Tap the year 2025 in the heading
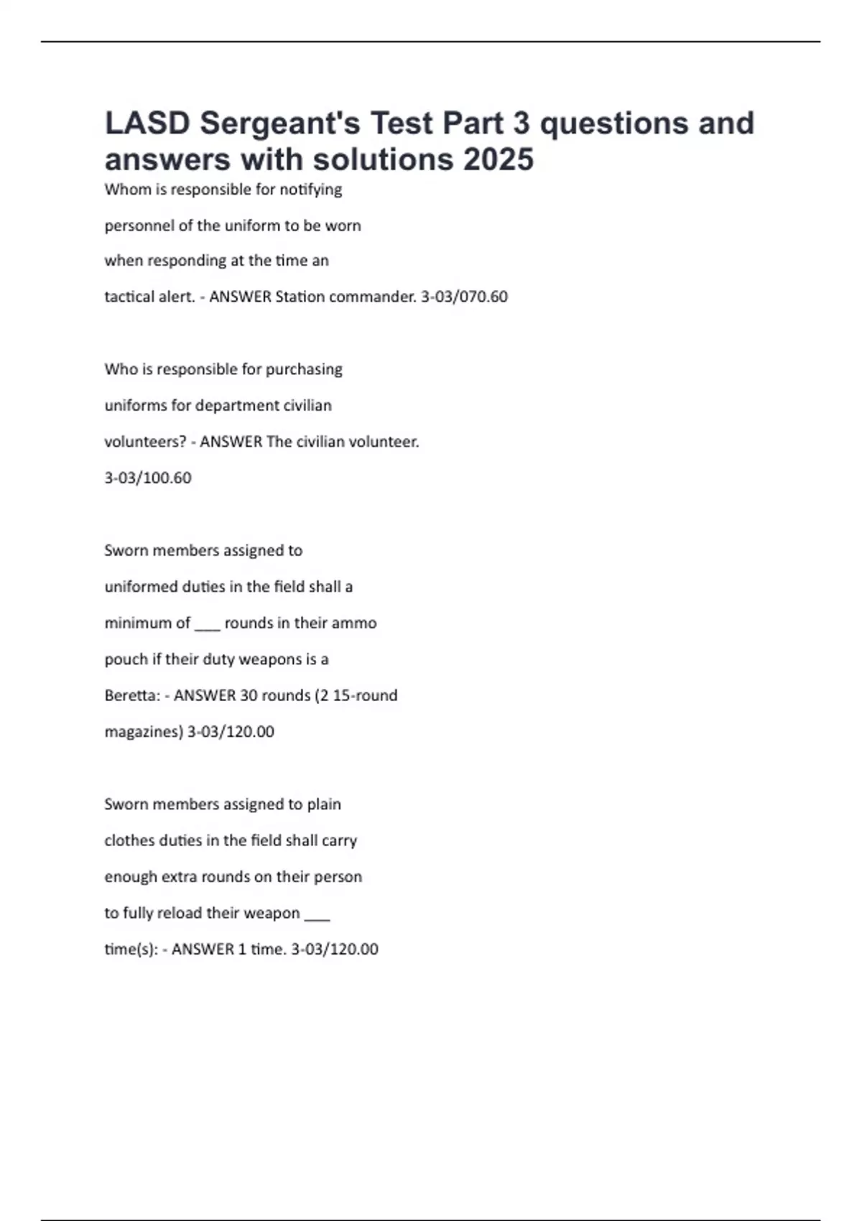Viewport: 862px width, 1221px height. (498, 159)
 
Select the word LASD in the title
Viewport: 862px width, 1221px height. (147, 124)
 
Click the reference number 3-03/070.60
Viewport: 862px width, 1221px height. (464, 297)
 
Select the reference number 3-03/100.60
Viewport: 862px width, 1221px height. (148, 478)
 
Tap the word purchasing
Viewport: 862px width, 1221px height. (304, 370)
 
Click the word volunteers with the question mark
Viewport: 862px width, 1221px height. (146, 442)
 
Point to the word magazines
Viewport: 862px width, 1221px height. (144, 732)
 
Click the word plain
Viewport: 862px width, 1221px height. (324, 804)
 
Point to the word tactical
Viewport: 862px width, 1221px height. (128, 297)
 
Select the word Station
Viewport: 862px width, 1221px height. (298, 297)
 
